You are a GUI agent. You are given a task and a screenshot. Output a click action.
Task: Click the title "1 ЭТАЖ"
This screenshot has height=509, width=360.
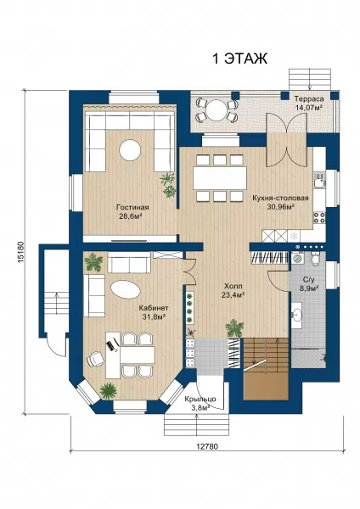tap(239, 59)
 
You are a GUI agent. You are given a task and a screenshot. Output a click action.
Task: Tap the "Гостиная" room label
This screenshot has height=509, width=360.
tap(132, 208)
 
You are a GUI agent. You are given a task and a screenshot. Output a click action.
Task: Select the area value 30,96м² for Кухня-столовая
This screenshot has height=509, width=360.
tap(281, 207)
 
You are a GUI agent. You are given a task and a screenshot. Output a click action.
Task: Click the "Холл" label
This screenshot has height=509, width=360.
tap(233, 287)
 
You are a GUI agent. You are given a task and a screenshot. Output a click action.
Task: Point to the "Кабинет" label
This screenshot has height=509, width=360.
tap(154, 308)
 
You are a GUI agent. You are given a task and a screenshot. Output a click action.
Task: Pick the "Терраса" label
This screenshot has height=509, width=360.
tap(309, 99)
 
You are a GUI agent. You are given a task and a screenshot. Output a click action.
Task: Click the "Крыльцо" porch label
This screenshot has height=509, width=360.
tap(200, 400)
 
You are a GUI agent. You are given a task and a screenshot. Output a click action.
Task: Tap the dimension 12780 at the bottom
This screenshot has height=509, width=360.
tap(207, 446)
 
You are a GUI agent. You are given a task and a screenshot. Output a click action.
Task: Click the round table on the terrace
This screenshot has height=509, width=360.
tap(217, 109)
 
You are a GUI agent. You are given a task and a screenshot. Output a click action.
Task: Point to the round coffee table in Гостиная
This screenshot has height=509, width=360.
tap(130, 150)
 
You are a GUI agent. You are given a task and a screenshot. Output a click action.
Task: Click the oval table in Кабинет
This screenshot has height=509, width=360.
tap(126, 289)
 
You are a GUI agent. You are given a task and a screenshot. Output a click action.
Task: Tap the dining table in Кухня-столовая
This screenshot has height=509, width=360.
tap(220, 178)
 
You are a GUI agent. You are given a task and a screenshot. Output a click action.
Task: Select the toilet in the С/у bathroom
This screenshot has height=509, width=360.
tap(316, 259)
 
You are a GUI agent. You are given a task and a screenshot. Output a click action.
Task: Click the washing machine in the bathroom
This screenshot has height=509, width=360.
tap(298, 259)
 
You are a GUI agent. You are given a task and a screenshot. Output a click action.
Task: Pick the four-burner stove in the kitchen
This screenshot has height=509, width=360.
tap(319, 217)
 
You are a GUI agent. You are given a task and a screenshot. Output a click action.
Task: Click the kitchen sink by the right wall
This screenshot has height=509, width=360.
tap(319, 180)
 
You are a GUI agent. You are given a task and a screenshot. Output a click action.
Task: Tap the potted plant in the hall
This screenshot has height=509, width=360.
tap(234, 328)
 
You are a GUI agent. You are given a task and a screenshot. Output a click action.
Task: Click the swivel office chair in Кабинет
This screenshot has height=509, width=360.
tap(94, 359)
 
